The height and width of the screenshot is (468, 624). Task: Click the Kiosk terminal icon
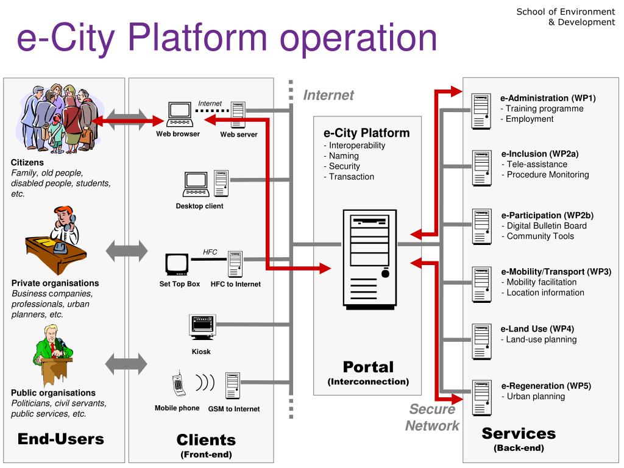(202, 327)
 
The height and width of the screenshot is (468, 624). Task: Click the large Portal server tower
(370, 260)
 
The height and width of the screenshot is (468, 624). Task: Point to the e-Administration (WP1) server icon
(481, 111)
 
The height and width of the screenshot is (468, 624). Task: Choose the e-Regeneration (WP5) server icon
(481, 398)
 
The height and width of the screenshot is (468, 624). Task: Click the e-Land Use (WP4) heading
(537, 329)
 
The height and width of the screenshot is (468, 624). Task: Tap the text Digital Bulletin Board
(547, 226)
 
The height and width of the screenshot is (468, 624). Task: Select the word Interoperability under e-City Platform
(357, 146)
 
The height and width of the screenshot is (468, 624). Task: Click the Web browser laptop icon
(180, 115)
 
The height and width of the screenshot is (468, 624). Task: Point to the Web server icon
(238, 115)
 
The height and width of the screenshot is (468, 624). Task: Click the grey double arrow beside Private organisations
(127, 251)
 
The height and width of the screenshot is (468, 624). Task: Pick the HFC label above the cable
(210, 252)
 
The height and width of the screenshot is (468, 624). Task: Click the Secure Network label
(432, 417)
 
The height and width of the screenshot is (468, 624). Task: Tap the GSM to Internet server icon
(233, 386)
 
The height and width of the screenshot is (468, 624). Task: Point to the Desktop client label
(199, 206)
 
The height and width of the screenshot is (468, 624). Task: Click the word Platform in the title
(197, 37)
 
